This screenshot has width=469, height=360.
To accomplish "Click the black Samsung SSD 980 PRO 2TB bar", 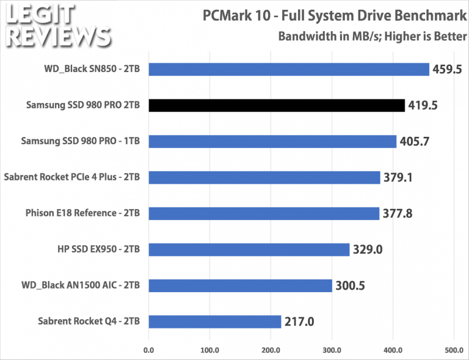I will point(276,106).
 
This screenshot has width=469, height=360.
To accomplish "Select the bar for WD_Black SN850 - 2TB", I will point(288,70).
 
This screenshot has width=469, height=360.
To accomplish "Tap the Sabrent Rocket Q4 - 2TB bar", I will point(214,321).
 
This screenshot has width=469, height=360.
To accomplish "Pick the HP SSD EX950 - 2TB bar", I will point(249,249).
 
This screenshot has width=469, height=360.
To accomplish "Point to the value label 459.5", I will point(448,70).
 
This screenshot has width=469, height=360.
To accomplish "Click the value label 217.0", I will point(299,322).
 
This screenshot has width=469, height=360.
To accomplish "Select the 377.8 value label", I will point(398,214).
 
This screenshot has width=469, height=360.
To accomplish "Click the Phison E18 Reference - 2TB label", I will point(83,213).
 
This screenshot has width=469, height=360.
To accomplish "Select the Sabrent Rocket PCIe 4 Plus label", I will point(73,177).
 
